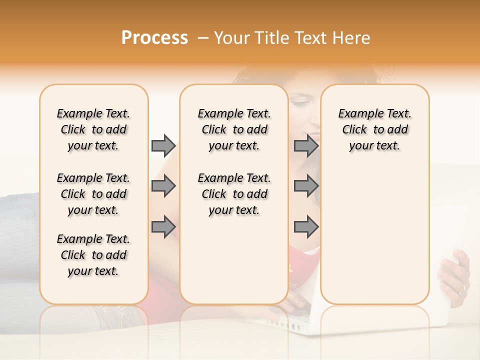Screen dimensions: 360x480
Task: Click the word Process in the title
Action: click(x=154, y=38)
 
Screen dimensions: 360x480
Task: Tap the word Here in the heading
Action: click(x=350, y=38)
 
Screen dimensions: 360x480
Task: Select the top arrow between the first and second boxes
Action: click(x=163, y=145)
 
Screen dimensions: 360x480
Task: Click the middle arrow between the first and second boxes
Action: click(x=163, y=186)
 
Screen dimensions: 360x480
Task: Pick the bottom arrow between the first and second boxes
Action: click(x=163, y=226)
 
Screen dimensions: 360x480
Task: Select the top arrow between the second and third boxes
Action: click(x=306, y=145)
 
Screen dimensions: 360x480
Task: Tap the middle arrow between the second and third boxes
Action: click(x=306, y=186)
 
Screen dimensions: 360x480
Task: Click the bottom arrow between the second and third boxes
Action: click(x=306, y=226)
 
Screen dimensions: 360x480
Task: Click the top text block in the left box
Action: click(x=93, y=129)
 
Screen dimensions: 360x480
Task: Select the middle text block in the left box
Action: click(x=93, y=194)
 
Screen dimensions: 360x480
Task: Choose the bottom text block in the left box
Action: click(x=93, y=255)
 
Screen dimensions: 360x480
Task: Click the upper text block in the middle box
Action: click(x=234, y=129)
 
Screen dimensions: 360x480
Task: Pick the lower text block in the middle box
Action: click(x=234, y=194)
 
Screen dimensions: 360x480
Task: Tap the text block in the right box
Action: click(x=374, y=129)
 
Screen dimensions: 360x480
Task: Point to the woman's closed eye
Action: click(x=300, y=103)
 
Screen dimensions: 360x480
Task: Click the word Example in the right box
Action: click(x=357, y=114)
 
